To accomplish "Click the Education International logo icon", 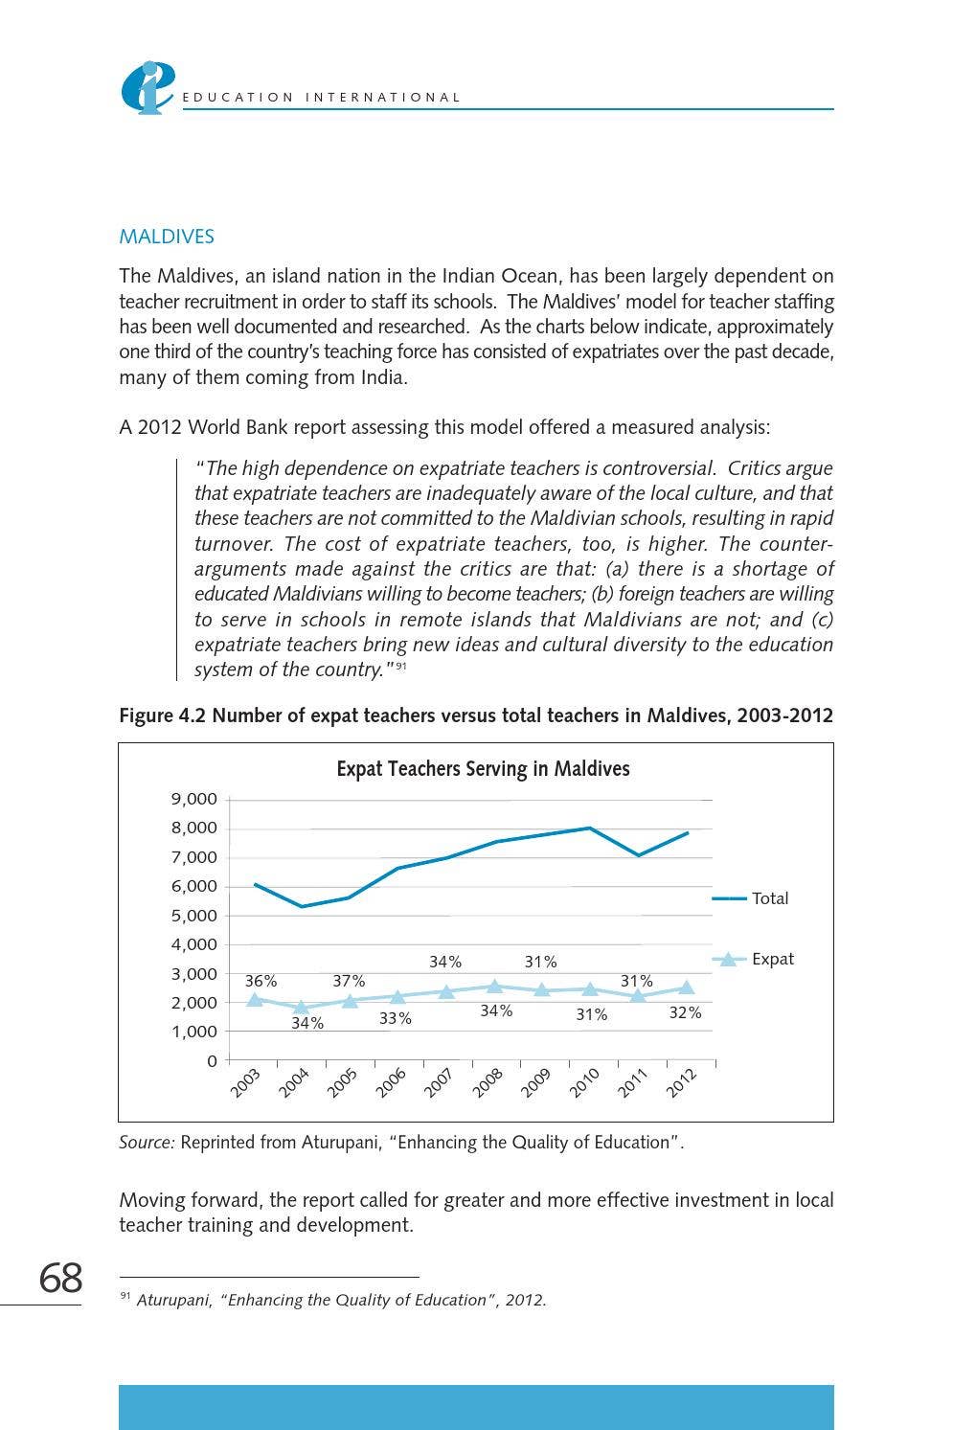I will [x=147, y=87].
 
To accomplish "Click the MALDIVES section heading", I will [x=167, y=237].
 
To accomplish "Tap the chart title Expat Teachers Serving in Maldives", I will [x=483, y=769].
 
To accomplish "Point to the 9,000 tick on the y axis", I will [x=194, y=799].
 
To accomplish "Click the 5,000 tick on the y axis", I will [x=194, y=916].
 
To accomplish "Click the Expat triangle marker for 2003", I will [x=255, y=999].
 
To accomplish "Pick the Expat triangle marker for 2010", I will [x=590, y=988].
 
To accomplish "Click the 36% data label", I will [x=261, y=981].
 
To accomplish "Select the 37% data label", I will [x=349, y=981].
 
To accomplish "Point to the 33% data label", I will [x=395, y=1018].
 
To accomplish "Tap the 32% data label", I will [x=685, y=1012].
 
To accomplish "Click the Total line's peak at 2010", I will [x=590, y=828].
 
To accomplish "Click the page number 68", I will [x=60, y=1279].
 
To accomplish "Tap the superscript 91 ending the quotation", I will [x=402, y=667].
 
